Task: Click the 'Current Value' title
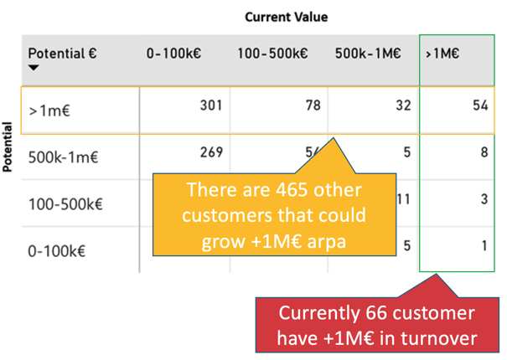click(x=286, y=17)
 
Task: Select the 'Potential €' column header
click(x=62, y=54)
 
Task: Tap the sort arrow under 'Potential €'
click(x=34, y=68)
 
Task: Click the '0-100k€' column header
click(x=173, y=54)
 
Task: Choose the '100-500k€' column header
click(x=272, y=54)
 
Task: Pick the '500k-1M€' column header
click(x=368, y=54)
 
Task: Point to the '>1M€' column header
click(x=442, y=54)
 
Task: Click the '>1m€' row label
click(x=49, y=111)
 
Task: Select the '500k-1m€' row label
click(x=63, y=157)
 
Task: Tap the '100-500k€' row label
click(x=65, y=204)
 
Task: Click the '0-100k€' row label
click(x=57, y=251)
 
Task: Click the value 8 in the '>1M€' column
click(x=484, y=152)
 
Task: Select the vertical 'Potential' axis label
click(x=7, y=147)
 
